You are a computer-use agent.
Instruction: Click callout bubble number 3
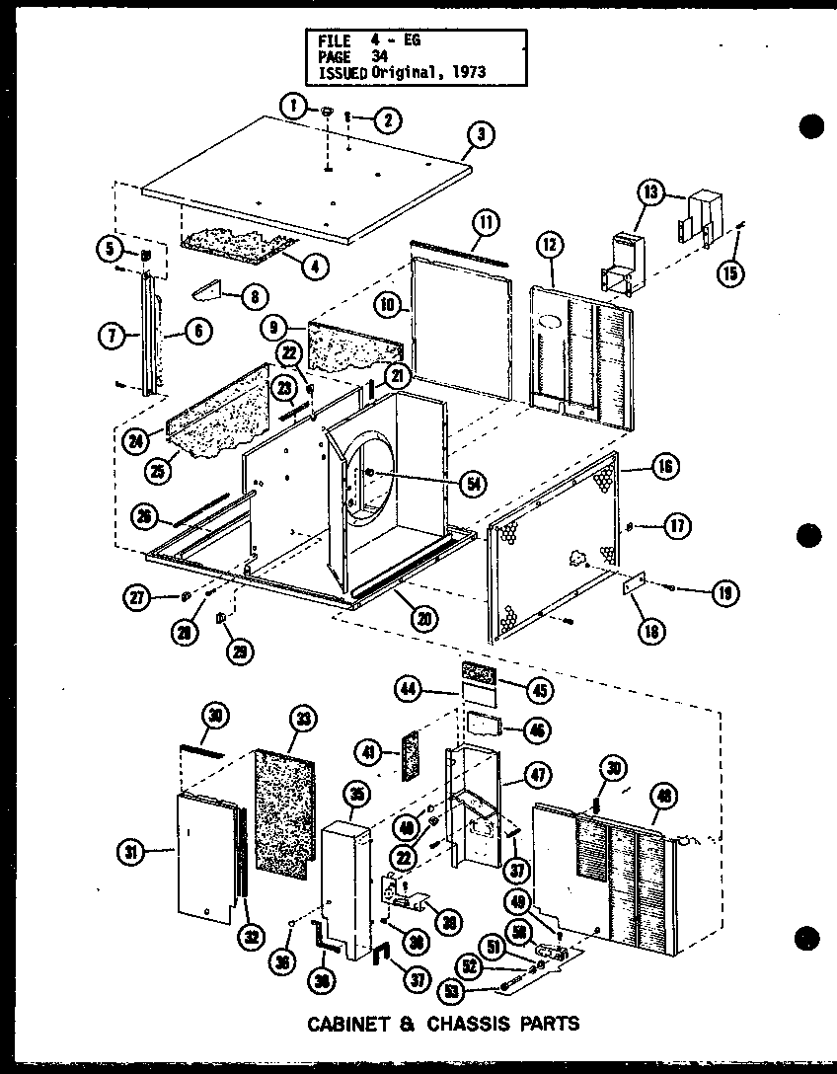(x=480, y=136)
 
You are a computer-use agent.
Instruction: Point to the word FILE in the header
(x=335, y=40)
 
